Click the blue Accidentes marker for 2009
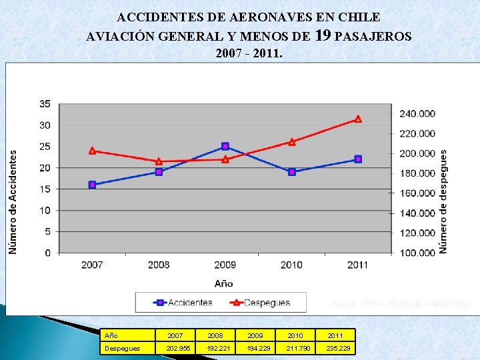click(225, 146)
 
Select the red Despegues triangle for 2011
click(358, 119)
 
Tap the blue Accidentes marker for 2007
click(92, 185)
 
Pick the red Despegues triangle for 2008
click(159, 161)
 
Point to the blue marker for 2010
click(292, 172)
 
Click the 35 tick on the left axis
click(45, 104)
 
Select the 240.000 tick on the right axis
click(417, 114)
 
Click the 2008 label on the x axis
click(159, 265)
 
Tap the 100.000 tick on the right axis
click(417, 253)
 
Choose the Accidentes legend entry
click(183, 303)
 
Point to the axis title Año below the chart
click(224, 283)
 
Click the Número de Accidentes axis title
click(13, 201)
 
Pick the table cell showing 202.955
click(176, 349)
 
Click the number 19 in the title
click(322, 35)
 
